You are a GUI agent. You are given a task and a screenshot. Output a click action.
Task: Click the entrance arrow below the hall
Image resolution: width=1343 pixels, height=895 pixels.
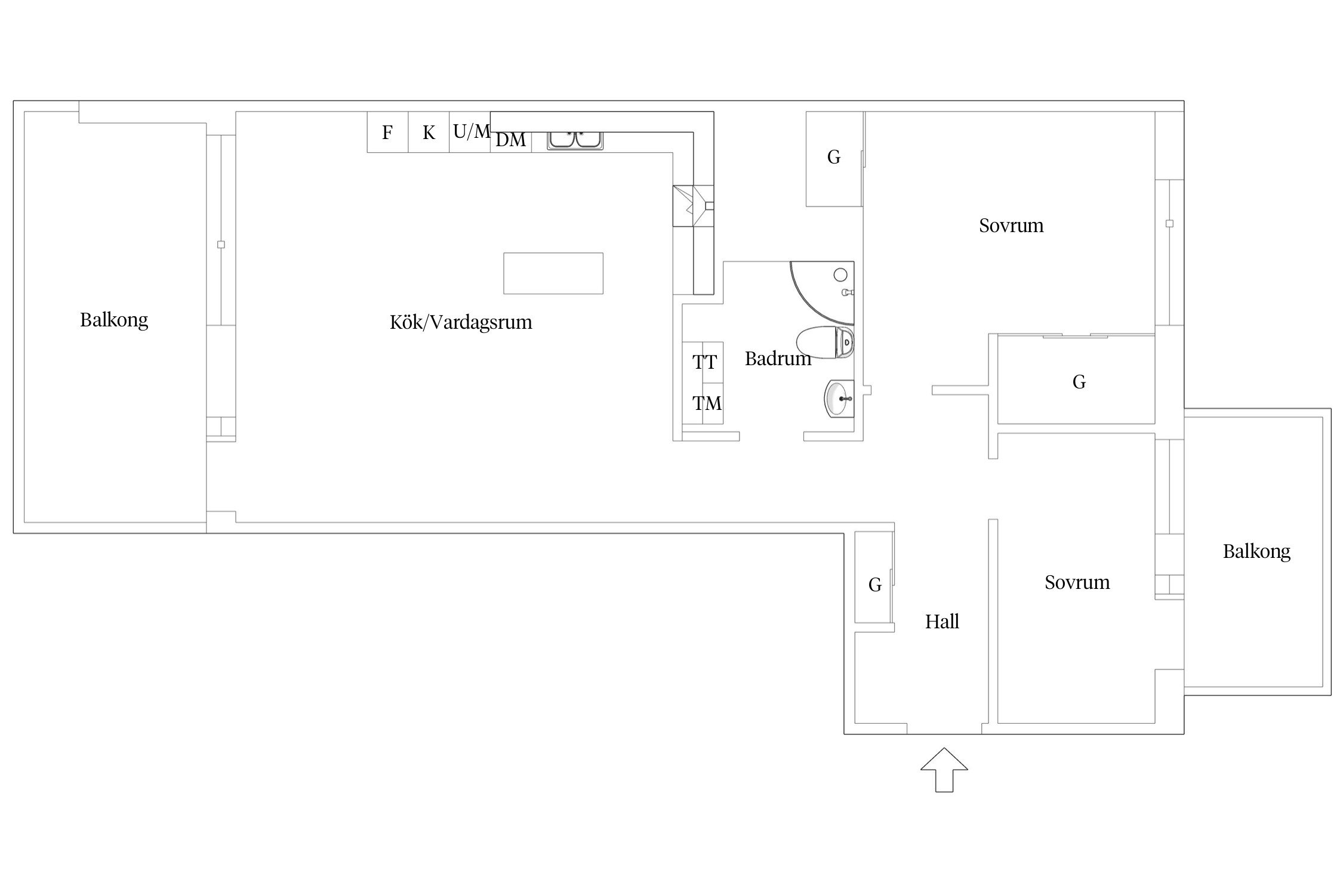click(944, 770)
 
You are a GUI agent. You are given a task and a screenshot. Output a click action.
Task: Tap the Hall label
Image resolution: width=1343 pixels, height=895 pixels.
click(942, 622)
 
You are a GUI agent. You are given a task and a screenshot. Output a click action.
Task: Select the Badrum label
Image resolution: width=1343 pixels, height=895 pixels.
click(778, 359)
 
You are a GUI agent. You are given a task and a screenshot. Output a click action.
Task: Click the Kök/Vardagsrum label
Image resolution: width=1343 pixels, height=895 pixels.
click(461, 322)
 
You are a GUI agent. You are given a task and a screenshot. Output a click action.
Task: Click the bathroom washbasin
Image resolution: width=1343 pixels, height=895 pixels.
click(839, 398)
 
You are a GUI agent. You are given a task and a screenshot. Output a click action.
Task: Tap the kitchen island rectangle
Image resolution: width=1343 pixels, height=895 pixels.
click(553, 273)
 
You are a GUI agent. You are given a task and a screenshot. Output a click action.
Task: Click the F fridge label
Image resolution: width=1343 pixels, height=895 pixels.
click(387, 132)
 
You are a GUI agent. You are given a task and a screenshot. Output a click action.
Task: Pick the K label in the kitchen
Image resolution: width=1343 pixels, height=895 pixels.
click(429, 132)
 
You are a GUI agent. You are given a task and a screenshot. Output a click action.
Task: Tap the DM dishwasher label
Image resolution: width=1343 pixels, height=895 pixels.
click(511, 140)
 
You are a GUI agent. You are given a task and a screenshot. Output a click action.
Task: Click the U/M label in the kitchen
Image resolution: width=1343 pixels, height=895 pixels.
click(472, 131)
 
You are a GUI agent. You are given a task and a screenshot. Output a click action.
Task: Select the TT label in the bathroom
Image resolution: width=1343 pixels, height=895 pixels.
click(704, 362)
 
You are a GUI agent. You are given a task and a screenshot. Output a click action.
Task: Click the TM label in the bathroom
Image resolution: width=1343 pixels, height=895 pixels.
click(707, 403)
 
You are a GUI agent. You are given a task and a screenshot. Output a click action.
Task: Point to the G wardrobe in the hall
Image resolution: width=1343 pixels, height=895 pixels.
click(874, 585)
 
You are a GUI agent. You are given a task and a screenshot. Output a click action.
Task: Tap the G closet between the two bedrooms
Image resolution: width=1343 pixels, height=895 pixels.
click(1079, 382)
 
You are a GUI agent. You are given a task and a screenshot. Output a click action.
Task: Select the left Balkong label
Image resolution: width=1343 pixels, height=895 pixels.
click(114, 320)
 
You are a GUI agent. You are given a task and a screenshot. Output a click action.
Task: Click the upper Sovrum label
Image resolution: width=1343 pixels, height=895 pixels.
click(1011, 226)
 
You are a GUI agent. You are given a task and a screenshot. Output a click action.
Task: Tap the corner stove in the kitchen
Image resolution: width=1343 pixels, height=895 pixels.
click(693, 206)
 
